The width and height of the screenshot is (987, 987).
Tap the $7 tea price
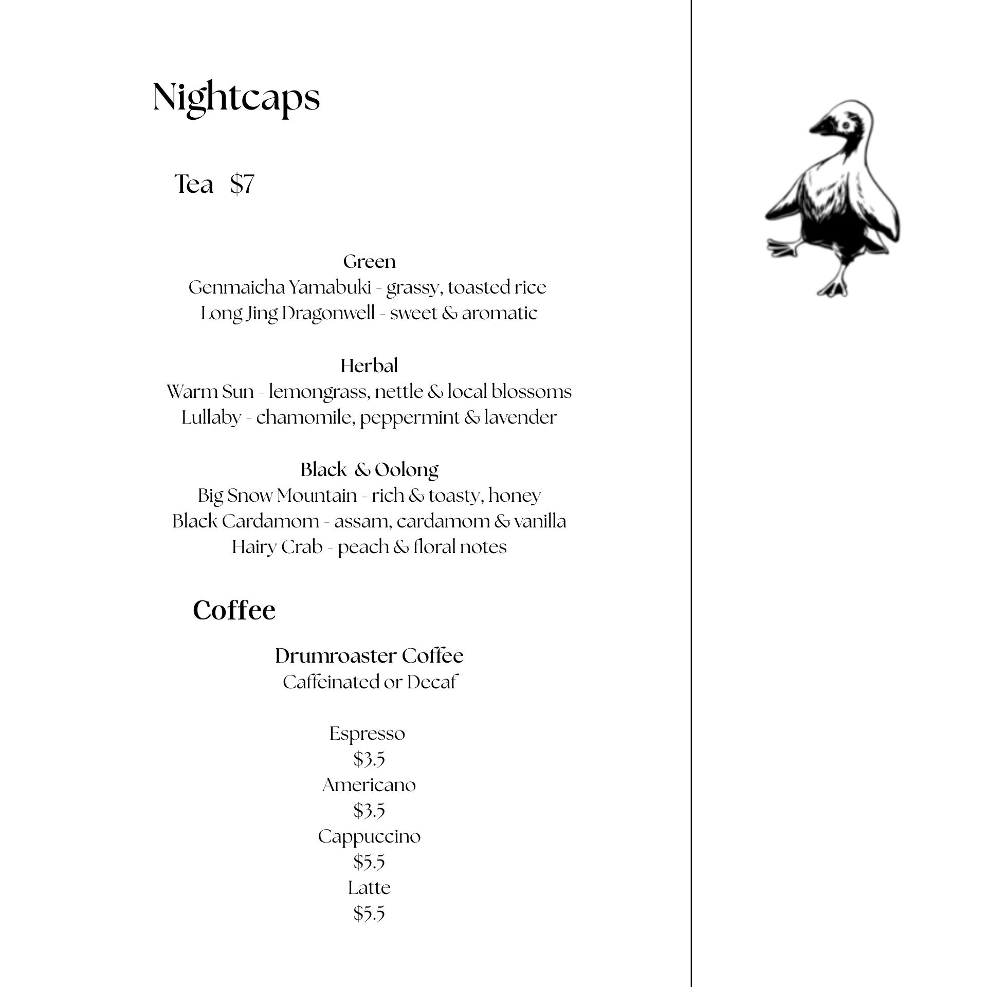[x=242, y=184]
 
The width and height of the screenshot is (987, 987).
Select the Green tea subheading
[x=369, y=262]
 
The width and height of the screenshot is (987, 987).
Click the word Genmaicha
[x=236, y=287]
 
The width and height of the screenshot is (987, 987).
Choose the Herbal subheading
[x=369, y=366]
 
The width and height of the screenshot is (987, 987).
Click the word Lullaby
[x=211, y=417]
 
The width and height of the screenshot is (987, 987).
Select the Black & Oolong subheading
[x=369, y=469]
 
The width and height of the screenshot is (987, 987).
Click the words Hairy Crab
[x=277, y=546]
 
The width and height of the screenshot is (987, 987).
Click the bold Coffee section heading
[x=234, y=610]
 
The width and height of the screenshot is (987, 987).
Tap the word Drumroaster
[x=336, y=656]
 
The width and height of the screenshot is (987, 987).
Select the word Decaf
[x=432, y=682]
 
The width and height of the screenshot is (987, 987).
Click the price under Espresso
[x=369, y=759]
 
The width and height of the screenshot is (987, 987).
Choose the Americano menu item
[x=369, y=785]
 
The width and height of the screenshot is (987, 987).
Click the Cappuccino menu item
[x=369, y=836]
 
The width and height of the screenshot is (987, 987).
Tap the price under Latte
[x=369, y=913]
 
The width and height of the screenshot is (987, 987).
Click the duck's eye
[x=845, y=125]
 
